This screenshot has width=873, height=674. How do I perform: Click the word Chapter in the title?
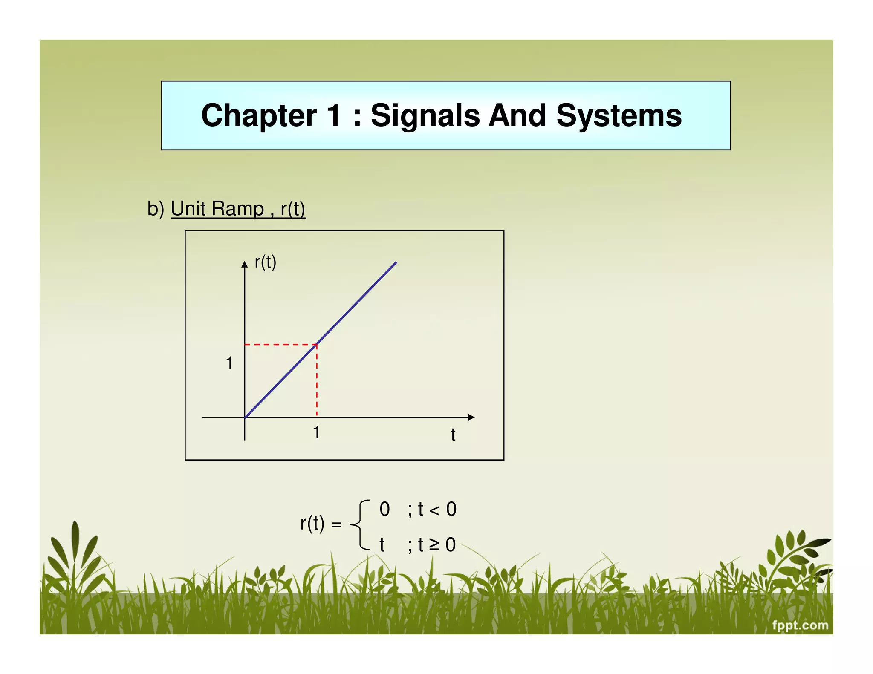(x=259, y=115)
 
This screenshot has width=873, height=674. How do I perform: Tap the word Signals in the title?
(x=425, y=115)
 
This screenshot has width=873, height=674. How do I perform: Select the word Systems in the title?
(x=619, y=115)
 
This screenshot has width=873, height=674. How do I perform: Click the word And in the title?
(x=517, y=115)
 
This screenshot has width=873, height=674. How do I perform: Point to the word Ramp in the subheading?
(x=237, y=209)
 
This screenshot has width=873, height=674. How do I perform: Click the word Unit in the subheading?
(x=188, y=209)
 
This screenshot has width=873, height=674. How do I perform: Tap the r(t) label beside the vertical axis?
(x=265, y=262)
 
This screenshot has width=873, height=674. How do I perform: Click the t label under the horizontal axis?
(x=453, y=435)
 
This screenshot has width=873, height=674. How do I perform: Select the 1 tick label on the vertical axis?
(x=229, y=363)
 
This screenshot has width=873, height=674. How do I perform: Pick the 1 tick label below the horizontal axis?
(x=316, y=432)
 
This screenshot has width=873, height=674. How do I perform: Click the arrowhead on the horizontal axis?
(x=471, y=418)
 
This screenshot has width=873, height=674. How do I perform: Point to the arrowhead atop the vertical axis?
(x=244, y=265)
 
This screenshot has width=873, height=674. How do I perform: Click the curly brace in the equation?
(x=359, y=525)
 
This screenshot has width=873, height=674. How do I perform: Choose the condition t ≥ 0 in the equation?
(x=436, y=545)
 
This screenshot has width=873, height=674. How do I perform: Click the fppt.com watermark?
(x=800, y=625)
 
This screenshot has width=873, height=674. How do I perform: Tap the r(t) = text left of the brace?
(x=321, y=524)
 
